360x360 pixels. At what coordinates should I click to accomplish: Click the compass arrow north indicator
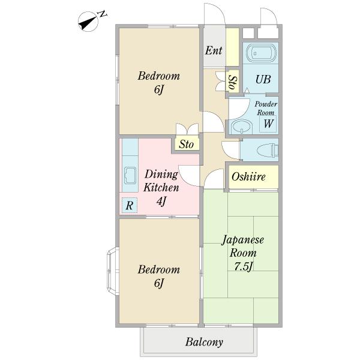coord(88,22)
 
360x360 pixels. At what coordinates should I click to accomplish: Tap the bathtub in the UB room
coord(260,53)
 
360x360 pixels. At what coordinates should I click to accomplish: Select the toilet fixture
coord(268,151)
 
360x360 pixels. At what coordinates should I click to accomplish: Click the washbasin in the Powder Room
coord(242,127)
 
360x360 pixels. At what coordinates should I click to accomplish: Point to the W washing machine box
coord(268,124)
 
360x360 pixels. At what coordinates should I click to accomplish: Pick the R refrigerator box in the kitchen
coord(130,205)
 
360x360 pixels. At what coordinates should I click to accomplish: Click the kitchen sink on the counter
coord(130,176)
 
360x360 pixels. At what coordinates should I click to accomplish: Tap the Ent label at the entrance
coord(214,51)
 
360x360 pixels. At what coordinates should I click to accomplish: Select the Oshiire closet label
coord(248,177)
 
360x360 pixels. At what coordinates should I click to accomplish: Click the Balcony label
coord(204,342)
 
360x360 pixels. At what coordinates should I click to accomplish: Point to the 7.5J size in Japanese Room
coord(243,266)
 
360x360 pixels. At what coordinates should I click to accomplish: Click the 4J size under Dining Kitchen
coord(161,202)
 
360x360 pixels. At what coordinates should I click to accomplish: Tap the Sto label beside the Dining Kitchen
coord(186,145)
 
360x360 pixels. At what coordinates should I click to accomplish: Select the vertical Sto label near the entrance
coord(232,82)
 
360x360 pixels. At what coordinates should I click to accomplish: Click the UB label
coord(263,79)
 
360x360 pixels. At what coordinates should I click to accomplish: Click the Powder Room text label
coord(266,109)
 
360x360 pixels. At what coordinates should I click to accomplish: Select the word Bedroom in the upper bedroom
coord(158,76)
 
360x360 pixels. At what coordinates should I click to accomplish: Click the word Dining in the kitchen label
coord(161,174)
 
